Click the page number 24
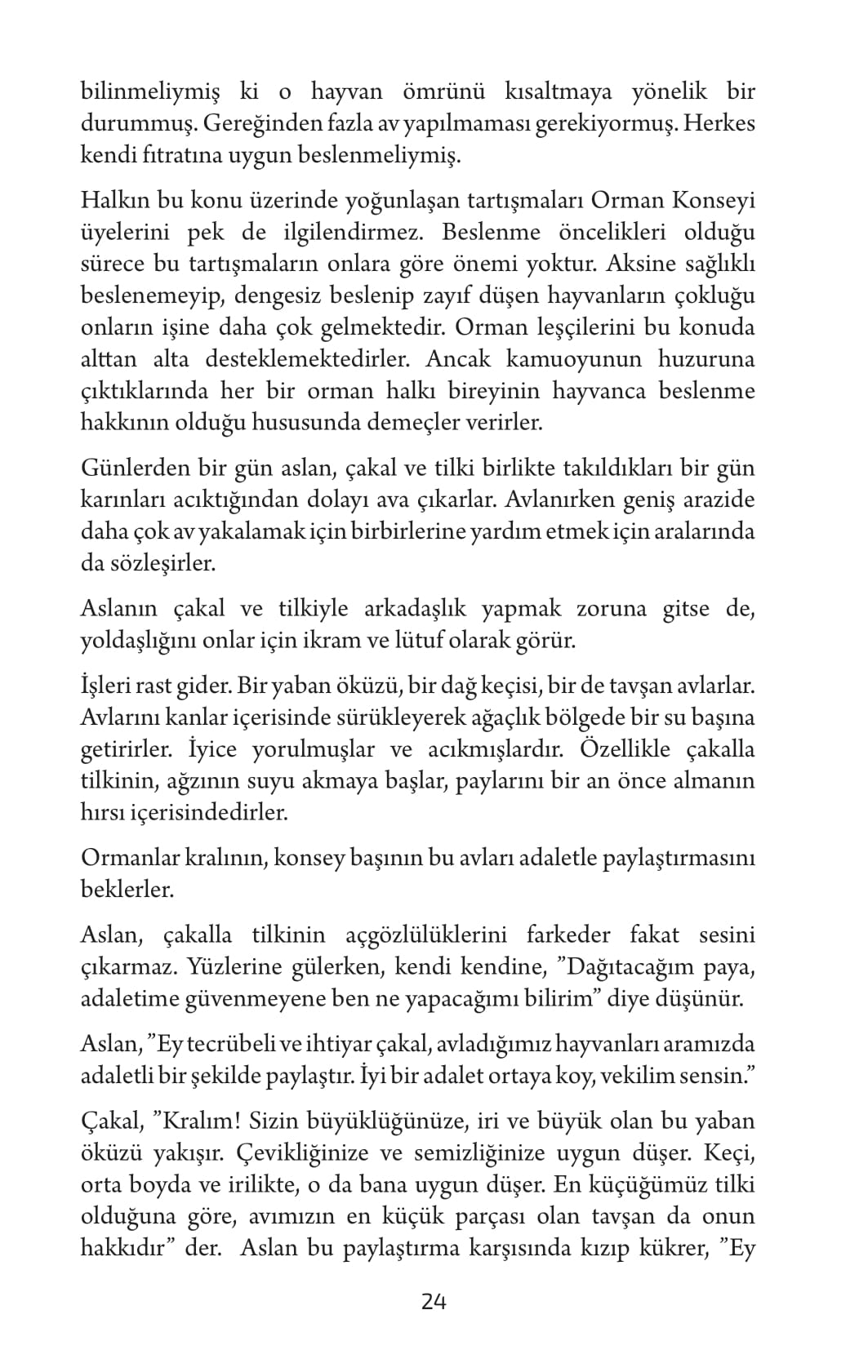click(434, 1301)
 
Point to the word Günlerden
click(132, 469)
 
